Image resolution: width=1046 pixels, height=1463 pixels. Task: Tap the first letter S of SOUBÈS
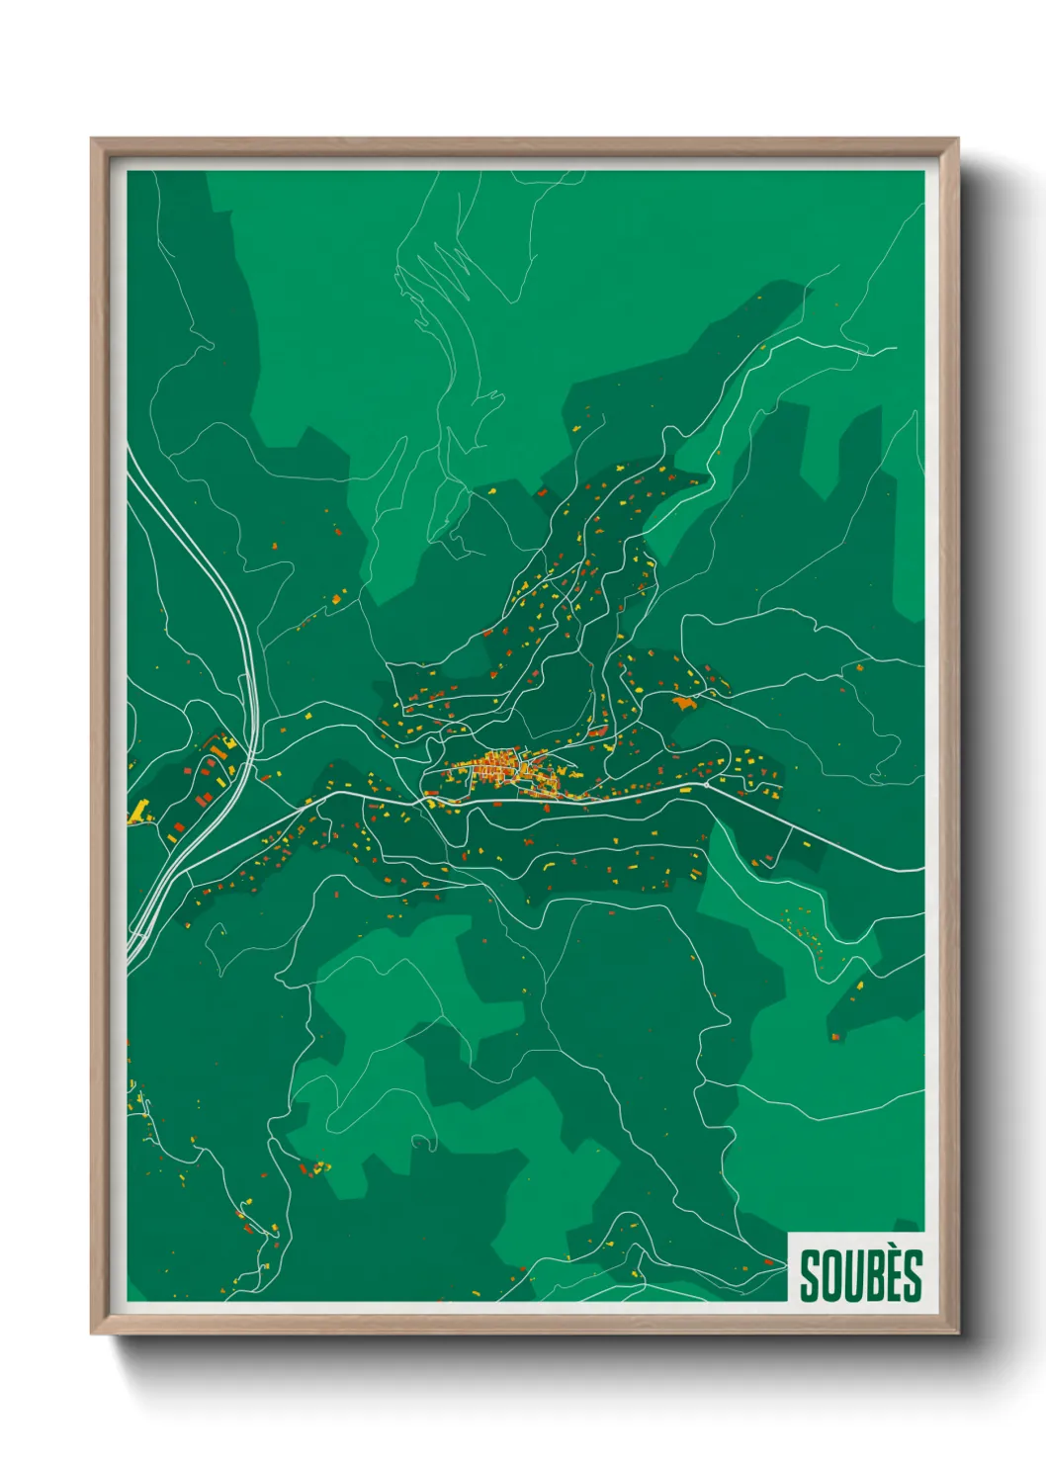click(x=810, y=1276)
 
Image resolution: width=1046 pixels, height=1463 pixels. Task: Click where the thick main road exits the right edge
click(x=921, y=870)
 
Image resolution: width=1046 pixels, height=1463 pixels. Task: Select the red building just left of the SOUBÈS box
click(x=771, y=1261)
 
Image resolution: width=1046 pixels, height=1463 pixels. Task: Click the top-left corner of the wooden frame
click(x=93, y=139)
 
